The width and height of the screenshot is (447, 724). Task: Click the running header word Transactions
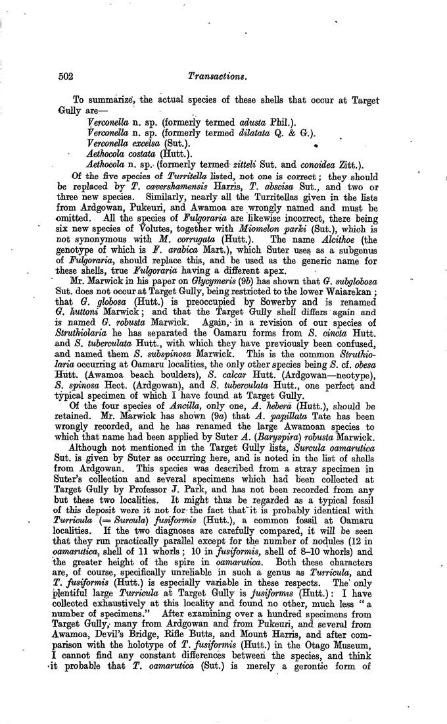216,77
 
